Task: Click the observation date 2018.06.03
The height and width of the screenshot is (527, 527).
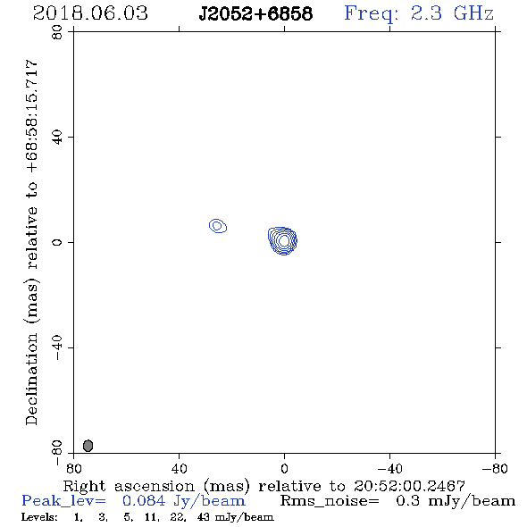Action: pyautogui.click(x=90, y=13)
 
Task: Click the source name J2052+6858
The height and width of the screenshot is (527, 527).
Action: pyautogui.click(x=255, y=14)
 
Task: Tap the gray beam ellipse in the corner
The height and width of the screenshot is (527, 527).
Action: pyautogui.click(x=88, y=446)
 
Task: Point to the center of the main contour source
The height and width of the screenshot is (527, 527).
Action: pyautogui.click(x=284, y=240)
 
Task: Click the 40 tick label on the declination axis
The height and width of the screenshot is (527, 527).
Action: pyautogui.click(x=57, y=138)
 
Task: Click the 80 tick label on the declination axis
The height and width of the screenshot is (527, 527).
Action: pyautogui.click(x=57, y=32)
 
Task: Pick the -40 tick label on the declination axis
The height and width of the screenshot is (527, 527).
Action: pyautogui.click(x=57, y=347)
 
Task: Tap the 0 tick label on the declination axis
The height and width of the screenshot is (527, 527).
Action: pyautogui.click(x=57, y=242)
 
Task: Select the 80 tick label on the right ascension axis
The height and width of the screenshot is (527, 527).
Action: pyautogui.click(x=73, y=469)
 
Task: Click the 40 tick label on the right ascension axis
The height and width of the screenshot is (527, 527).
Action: pyautogui.click(x=179, y=469)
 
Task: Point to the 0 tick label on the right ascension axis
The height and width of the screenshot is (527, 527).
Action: pyautogui.click(x=284, y=469)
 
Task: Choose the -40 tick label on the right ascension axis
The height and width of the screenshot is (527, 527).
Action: pyautogui.click(x=389, y=469)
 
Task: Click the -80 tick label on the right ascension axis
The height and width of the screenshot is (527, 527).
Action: pyautogui.click(x=495, y=469)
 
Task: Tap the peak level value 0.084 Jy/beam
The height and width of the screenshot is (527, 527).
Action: pyautogui.click(x=183, y=501)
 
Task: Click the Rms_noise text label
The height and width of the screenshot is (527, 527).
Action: pyautogui.click(x=330, y=501)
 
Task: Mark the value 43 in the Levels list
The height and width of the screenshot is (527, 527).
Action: pyautogui.click(x=204, y=516)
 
